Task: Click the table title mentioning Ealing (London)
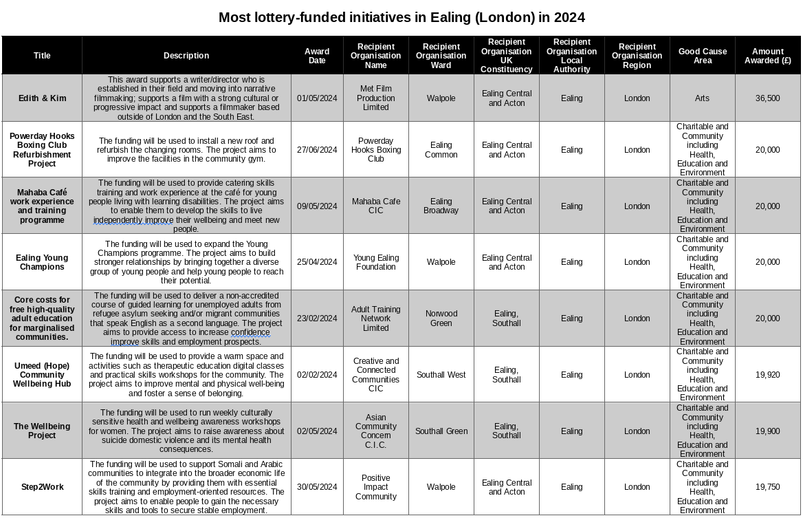tap(401, 17)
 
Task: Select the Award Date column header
tap(317, 56)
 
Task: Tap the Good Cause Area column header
tap(702, 56)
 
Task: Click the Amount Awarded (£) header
tap(767, 56)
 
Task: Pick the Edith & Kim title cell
tap(43, 98)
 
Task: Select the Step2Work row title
tap(43, 487)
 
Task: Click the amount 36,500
tap(767, 98)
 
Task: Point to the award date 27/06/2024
tap(317, 150)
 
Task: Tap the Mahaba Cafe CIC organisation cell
tap(375, 206)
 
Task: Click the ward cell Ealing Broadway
tap(441, 206)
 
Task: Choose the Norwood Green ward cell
tap(441, 319)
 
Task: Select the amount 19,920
tap(767, 375)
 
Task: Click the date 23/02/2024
tap(317, 319)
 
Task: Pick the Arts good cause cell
tap(702, 98)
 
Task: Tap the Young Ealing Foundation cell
tap(375, 262)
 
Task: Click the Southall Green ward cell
tap(441, 431)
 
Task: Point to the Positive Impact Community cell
tap(375, 487)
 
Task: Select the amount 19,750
tap(767, 487)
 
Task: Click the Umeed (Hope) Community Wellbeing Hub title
tap(43, 375)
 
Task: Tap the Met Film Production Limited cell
tap(375, 98)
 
